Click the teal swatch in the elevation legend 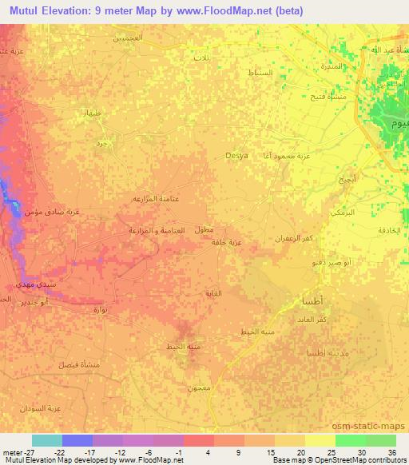(47, 440)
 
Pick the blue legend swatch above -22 (77, 440)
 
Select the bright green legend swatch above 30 (350, 440)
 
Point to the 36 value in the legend (391, 451)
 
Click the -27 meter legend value (15, 451)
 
